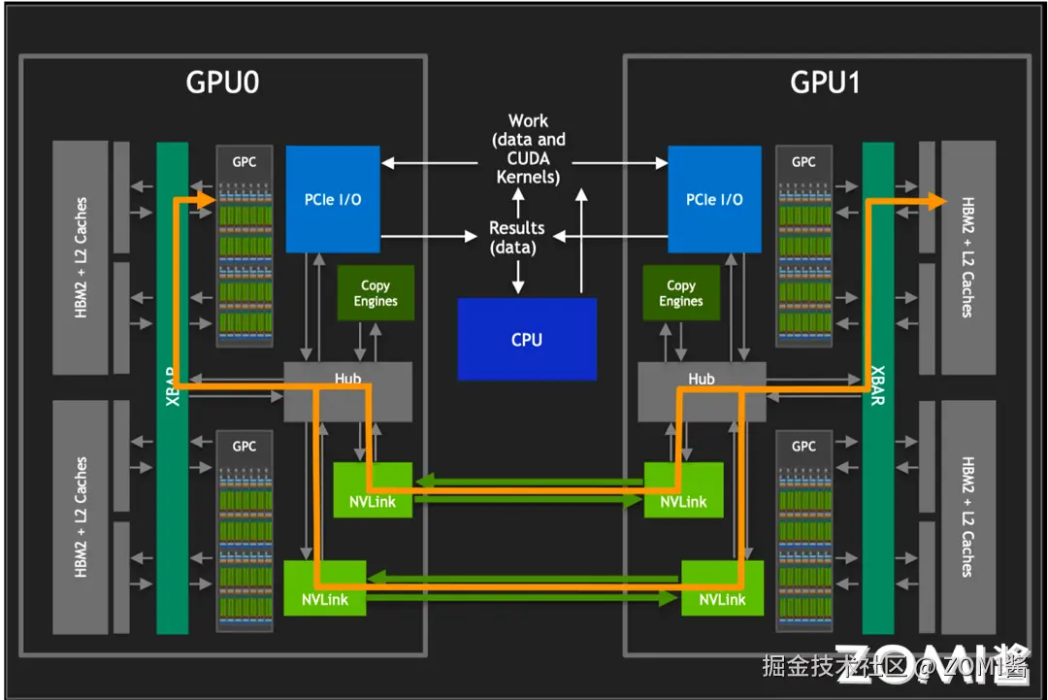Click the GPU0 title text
[x=222, y=83]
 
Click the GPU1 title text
[x=825, y=83]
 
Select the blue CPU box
[x=527, y=339]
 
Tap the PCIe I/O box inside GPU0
[x=333, y=199]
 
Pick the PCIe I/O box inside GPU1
[x=714, y=199]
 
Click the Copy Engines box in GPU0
[x=375, y=293]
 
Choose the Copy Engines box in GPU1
[x=680, y=293]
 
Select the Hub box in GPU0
[x=334, y=391]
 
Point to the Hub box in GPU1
[x=701, y=391]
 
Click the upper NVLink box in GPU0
[x=373, y=490]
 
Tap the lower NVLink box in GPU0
[x=324, y=588]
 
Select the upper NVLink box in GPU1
[x=683, y=490]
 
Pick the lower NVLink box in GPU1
[x=722, y=588]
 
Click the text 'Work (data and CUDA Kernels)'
[x=528, y=149]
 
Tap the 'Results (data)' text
[x=516, y=237]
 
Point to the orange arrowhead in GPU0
[x=205, y=200]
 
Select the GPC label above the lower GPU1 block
[x=803, y=447]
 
